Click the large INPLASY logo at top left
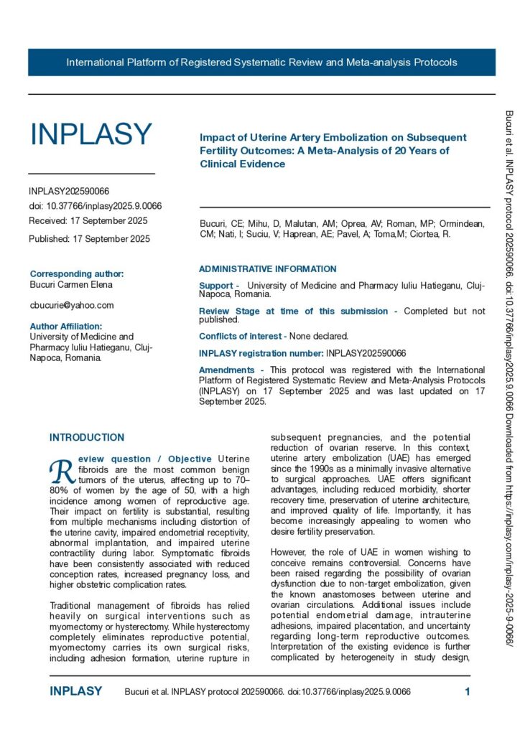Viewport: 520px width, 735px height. click(x=90, y=134)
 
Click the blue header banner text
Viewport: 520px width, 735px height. click(x=261, y=62)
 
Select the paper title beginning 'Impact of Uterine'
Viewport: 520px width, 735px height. click(x=333, y=150)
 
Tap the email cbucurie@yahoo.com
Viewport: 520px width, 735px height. click(x=71, y=305)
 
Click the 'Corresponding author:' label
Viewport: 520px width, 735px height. click(x=77, y=273)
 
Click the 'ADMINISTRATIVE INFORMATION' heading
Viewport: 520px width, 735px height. click(x=267, y=269)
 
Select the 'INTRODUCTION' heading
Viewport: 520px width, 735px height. click(x=87, y=437)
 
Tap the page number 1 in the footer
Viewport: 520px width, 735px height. click(x=468, y=692)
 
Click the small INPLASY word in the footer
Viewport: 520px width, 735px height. click(x=75, y=692)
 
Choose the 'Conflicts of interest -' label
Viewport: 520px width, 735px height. click(x=242, y=336)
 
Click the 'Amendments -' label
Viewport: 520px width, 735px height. click(x=226, y=370)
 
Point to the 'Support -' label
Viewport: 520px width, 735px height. click(x=219, y=286)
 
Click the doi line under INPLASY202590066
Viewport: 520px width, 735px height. click(x=95, y=206)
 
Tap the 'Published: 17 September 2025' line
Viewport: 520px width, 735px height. click(x=89, y=239)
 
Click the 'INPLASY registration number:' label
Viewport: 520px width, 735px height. click(x=261, y=353)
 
